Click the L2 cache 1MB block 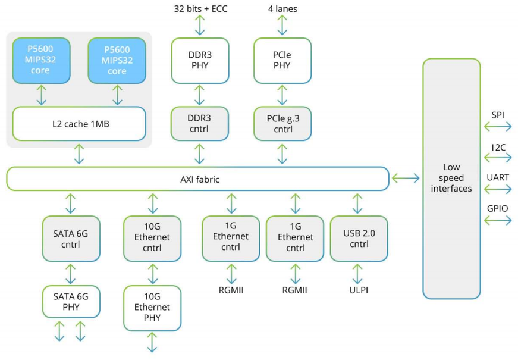(79, 124)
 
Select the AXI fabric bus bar (197, 179)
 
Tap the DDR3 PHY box (200, 61)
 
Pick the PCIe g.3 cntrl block (282, 124)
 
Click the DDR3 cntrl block (200, 124)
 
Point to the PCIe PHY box (282, 61)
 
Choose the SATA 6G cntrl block (71, 239)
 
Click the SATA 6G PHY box (71, 302)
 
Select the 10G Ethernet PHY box (152, 308)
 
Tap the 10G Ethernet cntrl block (152, 239)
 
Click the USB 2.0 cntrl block (359, 239)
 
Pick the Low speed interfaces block (451, 178)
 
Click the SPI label (498, 114)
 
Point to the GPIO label (498, 208)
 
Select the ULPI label (357, 290)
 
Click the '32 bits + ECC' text (200, 9)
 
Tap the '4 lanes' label (282, 9)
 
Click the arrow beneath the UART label (498, 189)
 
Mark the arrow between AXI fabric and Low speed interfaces (406, 178)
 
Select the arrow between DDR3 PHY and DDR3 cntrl (200, 95)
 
